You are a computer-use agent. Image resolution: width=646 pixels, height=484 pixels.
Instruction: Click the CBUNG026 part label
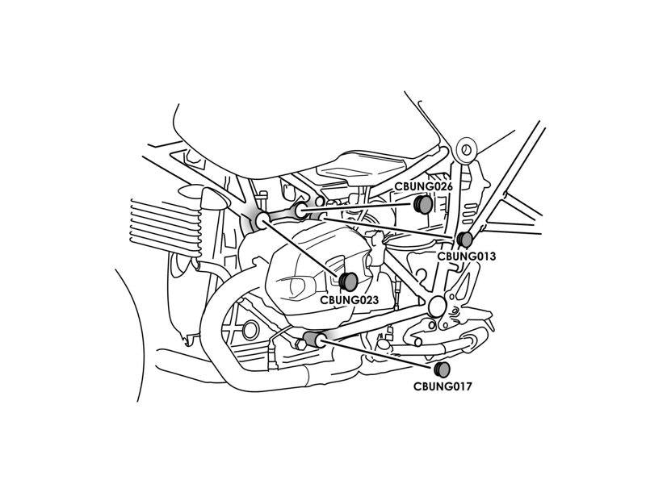click(x=423, y=186)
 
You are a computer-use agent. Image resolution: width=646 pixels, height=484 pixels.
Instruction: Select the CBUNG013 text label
click(x=467, y=256)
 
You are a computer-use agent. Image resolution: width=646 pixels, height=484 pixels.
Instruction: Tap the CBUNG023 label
click(x=349, y=300)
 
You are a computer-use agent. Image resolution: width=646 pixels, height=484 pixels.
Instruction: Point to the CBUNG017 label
click(x=443, y=386)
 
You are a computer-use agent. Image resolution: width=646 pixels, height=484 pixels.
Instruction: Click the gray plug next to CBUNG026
click(x=423, y=205)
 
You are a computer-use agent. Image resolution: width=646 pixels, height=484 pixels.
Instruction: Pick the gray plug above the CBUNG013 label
click(x=465, y=239)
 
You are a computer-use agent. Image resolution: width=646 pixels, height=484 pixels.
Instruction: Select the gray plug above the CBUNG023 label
click(x=349, y=282)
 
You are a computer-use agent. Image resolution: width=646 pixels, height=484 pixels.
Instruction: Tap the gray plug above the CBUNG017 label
click(x=442, y=369)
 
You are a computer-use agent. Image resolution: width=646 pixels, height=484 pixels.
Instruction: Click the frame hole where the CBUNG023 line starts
click(x=262, y=221)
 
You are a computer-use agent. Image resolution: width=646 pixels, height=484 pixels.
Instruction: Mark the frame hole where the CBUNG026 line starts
click(x=300, y=211)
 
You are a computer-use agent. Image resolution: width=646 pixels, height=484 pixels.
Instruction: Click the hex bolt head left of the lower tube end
click(x=300, y=344)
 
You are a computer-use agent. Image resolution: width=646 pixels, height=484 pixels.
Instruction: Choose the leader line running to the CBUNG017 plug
click(x=379, y=353)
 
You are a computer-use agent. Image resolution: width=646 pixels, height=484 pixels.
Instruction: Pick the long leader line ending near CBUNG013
click(x=389, y=228)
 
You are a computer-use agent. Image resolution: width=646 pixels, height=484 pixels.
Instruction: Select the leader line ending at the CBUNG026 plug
click(x=358, y=207)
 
